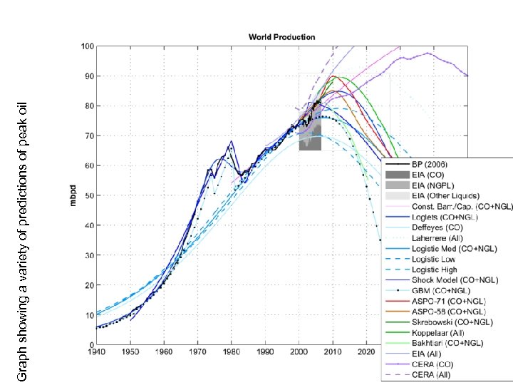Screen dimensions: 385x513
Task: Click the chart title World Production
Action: point(281,36)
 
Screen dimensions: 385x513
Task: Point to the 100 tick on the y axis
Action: point(87,46)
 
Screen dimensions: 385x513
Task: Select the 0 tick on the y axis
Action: point(91,345)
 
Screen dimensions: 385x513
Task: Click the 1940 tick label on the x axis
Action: point(96,352)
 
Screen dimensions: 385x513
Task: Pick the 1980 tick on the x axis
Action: point(231,352)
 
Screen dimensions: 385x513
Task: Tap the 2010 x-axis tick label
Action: point(332,352)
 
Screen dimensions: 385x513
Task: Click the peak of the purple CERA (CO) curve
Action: point(427,53)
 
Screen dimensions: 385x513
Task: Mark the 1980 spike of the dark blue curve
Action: point(231,142)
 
